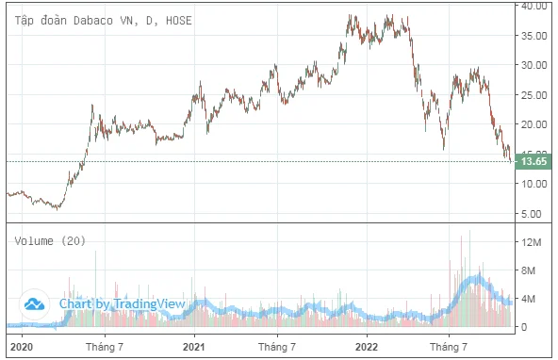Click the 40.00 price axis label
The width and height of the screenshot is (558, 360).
533,6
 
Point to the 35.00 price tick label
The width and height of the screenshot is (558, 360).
533,36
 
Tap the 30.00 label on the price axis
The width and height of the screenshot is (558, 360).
533,65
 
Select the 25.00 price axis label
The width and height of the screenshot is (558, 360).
533,95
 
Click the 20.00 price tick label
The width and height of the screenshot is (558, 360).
533,124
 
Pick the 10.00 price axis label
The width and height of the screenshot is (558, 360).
533,184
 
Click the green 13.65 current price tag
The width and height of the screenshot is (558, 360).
533,161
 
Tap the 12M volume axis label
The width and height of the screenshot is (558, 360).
531,242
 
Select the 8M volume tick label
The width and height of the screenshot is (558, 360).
528,270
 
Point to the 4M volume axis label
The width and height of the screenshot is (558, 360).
528,299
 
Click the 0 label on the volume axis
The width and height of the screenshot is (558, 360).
524,327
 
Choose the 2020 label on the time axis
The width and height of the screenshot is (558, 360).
22,347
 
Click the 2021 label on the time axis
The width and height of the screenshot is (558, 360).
194,347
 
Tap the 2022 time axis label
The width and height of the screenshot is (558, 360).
367,347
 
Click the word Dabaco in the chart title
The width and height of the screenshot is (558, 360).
93,21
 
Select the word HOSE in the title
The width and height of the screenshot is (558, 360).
179,21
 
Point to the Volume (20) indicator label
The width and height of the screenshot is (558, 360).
50,241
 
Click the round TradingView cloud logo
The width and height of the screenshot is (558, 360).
34,304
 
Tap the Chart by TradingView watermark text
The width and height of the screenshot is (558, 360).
123,303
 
